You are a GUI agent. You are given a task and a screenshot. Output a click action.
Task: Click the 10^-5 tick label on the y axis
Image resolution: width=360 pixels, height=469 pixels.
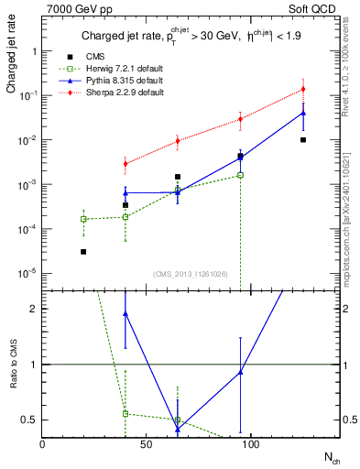click(29, 273)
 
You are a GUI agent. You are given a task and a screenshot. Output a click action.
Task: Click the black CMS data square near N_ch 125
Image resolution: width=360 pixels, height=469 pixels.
click(303, 140)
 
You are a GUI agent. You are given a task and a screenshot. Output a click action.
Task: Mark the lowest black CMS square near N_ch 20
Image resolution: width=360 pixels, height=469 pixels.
click(83, 251)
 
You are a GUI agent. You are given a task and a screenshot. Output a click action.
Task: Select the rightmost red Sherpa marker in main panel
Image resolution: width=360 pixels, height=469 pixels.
click(303, 89)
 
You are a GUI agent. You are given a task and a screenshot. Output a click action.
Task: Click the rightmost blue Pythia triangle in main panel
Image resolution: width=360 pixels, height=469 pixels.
click(303, 114)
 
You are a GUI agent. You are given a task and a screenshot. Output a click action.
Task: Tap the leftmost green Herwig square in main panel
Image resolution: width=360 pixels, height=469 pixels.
click(83, 219)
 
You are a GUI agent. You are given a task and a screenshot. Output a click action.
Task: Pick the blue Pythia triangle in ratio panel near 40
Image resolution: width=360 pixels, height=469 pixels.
click(125, 313)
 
